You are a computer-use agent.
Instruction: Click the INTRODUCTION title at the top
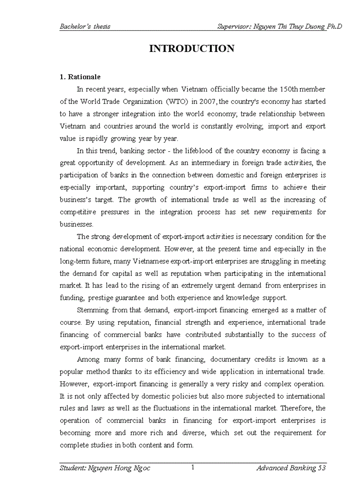click(x=191, y=49)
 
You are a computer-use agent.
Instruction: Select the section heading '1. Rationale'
click(x=80, y=77)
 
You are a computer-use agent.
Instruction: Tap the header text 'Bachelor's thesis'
click(x=85, y=26)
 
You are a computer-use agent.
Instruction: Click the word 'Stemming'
click(x=93, y=310)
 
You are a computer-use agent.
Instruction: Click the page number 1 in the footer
click(x=192, y=467)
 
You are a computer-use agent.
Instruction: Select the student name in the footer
click(x=105, y=468)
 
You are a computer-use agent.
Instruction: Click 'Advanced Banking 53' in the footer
click(x=291, y=468)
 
